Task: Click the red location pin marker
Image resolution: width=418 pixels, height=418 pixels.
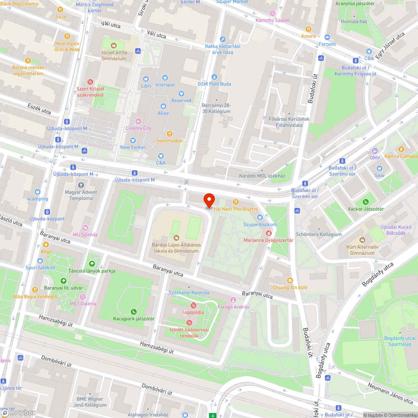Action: point(209,200)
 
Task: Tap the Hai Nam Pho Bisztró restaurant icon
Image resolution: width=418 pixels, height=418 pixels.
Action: point(236,202)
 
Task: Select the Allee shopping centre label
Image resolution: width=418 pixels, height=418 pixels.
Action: point(163,113)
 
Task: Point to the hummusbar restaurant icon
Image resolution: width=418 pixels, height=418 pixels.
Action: point(170,134)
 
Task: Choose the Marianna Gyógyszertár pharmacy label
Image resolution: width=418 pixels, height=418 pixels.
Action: point(268,240)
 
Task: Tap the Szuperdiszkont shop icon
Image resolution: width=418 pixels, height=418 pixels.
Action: point(260,217)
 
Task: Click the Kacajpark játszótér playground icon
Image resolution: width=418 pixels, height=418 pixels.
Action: point(134,311)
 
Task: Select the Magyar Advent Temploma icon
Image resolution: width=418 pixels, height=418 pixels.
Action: point(81,185)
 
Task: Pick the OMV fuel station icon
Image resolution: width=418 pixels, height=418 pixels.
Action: point(375,151)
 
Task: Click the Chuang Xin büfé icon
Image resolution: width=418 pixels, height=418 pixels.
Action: point(290,280)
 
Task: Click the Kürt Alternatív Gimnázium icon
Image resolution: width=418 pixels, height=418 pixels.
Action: point(362,240)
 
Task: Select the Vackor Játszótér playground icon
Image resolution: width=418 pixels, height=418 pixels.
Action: point(365,202)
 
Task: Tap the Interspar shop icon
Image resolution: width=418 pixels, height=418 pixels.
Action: point(165,78)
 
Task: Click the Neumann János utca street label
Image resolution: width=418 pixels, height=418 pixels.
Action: point(391,393)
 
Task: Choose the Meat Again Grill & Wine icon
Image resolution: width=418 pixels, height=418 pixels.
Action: point(67,36)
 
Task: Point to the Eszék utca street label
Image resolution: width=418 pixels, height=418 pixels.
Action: point(39,109)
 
